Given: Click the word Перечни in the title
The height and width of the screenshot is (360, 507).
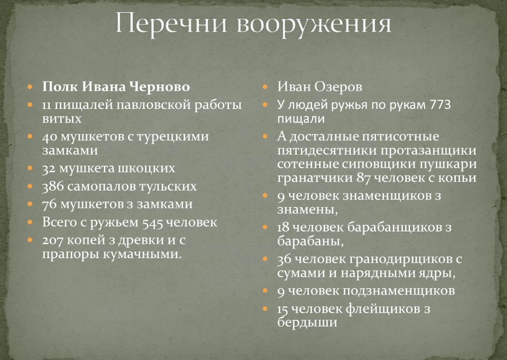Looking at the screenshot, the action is click(172, 23).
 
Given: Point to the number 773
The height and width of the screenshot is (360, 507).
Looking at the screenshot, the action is click(441, 105).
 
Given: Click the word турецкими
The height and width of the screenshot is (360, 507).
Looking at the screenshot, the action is click(173, 137).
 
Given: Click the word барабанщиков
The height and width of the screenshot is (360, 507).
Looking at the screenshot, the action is click(394, 227).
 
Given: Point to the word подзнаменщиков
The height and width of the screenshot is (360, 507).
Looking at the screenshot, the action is click(399, 291).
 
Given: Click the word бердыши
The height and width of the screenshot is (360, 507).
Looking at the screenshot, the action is click(307, 322).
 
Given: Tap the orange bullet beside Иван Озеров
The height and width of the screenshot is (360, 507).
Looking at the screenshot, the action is click(265, 87).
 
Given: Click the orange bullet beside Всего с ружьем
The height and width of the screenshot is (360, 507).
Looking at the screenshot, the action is click(30, 222).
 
